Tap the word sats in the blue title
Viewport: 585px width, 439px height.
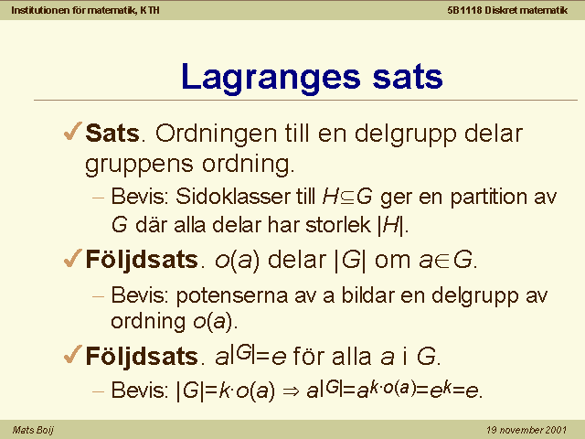[408, 77]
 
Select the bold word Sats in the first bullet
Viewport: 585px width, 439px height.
[112, 133]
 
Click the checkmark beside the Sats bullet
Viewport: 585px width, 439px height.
[73, 131]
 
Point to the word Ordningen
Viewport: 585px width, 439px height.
[217, 134]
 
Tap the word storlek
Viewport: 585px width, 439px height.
[338, 225]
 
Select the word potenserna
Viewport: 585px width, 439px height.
[231, 296]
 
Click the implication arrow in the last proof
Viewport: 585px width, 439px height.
[291, 391]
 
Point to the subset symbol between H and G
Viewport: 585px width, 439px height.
[347, 198]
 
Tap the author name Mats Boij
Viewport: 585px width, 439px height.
[33, 430]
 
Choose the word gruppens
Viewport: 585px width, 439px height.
[139, 165]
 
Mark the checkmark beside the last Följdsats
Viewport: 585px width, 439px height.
[73, 354]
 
